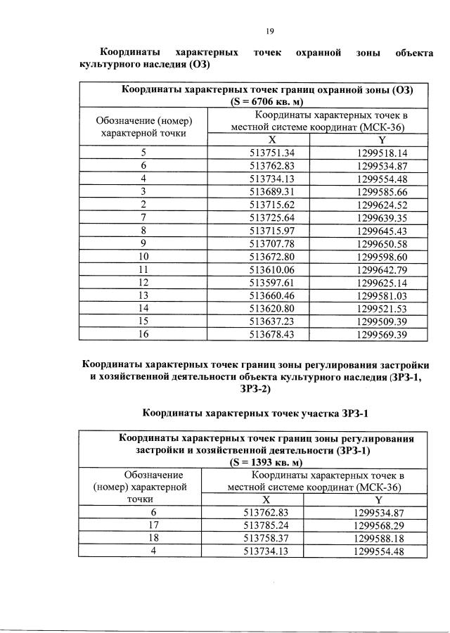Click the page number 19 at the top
269,30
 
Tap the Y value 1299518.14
382,152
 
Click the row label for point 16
143,334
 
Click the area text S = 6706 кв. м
267,101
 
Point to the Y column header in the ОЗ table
382,139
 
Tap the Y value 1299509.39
382,321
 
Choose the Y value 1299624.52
382,204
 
